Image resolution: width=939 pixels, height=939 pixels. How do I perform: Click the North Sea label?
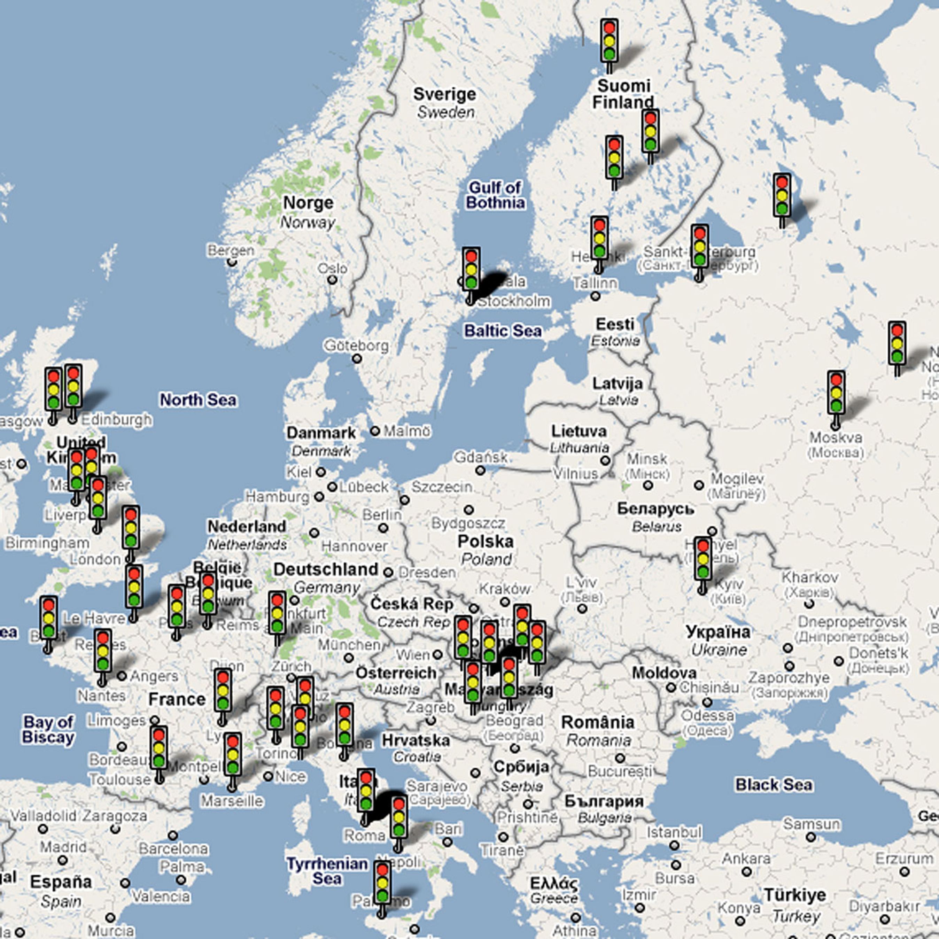198,399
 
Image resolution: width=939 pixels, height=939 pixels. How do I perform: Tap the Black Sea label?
773,784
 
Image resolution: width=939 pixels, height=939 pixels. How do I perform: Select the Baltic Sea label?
503,331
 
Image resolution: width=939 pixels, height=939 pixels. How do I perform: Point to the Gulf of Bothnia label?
495,195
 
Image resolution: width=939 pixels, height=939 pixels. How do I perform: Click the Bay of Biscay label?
48,730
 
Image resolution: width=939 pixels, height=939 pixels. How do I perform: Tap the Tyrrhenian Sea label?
327,871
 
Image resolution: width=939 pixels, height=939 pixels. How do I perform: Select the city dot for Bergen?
232,262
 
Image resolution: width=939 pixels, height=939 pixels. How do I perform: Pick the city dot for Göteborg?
357,359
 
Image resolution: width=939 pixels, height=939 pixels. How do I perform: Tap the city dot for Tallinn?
595,295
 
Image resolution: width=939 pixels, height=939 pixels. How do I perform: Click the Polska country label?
485,542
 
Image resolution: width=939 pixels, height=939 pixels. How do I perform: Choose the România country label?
598,723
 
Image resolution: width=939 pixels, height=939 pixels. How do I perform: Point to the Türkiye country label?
795,895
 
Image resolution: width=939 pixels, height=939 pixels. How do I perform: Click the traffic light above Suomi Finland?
609,41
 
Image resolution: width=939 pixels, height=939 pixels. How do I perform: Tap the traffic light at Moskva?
836,395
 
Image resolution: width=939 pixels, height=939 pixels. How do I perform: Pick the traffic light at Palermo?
382,883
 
